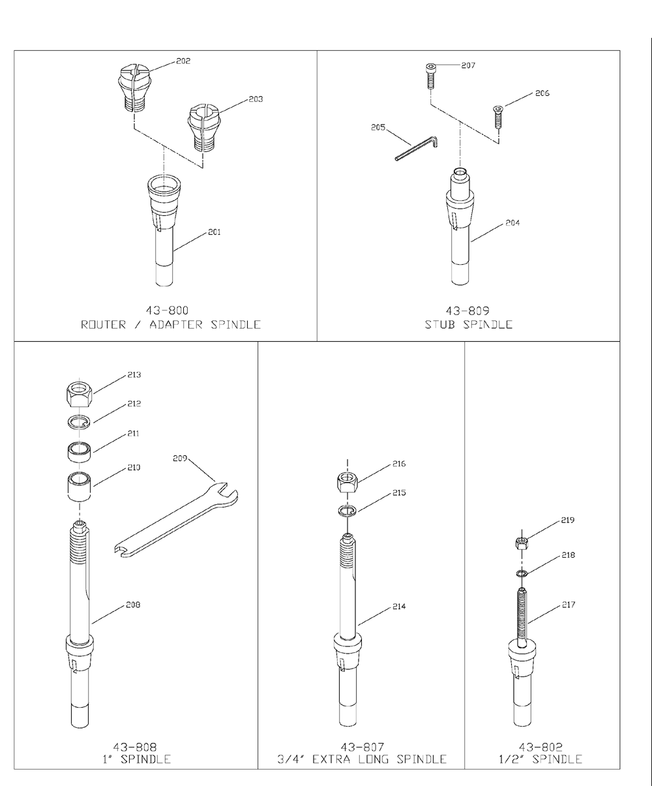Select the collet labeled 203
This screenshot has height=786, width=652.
coord(204,128)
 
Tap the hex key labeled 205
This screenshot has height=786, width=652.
coord(416,148)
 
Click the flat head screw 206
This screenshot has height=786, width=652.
coord(497,117)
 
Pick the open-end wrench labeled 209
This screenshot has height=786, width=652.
coord(176,519)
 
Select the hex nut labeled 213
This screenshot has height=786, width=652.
coord(80,394)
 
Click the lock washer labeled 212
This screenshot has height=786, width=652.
coord(79,422)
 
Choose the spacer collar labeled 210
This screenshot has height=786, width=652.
coord(79,487)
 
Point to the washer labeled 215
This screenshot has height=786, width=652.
coord(346,511)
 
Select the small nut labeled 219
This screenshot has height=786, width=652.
coord(522,543)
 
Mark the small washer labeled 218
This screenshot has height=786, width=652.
coord(522,574)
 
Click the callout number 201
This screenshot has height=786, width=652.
coord(214,232)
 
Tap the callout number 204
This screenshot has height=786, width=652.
coord(512,223)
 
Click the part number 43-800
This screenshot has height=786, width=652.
coord(167,310)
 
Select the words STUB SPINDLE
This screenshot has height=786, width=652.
coord(469,324)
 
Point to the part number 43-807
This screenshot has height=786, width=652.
coord(363,747)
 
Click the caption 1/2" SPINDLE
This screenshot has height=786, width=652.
coord(541,759)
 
